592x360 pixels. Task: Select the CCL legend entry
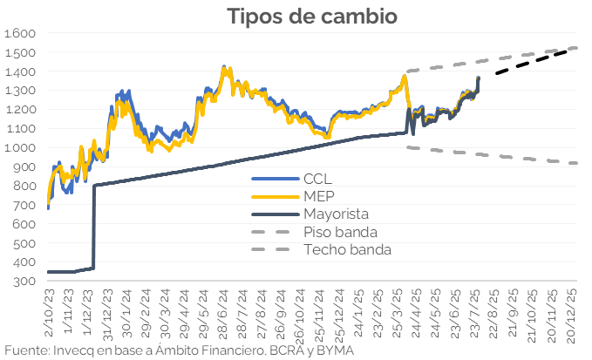point(317,178)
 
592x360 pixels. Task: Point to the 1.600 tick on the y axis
point(19,33)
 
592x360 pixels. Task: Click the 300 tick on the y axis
point(24,282)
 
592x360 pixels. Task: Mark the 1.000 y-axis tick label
point(19,147)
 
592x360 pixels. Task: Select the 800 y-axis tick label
point(24,186)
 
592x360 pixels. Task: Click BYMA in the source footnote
point(334,350)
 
